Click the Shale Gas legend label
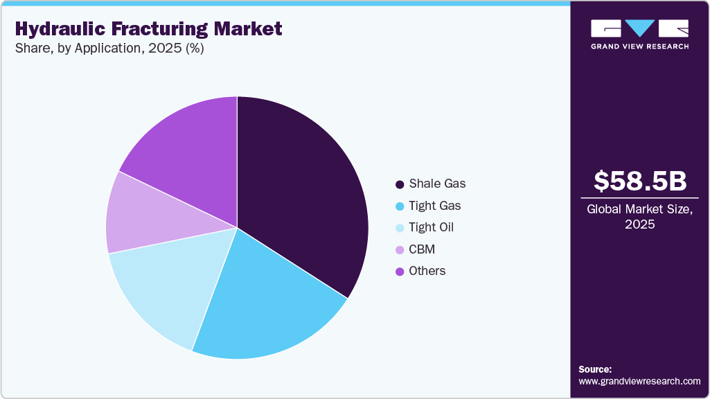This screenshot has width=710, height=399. (x=437, y=184)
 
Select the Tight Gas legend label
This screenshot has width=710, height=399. (x=434, y=206)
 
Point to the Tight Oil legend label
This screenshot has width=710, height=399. (x=432, y=227)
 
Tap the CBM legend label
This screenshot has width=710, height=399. (x=422, y=249)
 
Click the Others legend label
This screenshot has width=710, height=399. (x=427, y=271)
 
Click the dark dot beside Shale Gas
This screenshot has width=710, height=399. (x=400, y=184)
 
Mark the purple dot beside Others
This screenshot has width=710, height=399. (x=400, y=271)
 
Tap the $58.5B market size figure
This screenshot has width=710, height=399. (x=640, y=181)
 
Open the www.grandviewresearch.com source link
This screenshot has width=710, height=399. (x=639, y=381)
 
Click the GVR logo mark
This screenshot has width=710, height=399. (x=639, y=28)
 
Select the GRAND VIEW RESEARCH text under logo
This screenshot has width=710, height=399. (x=639, y=46)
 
